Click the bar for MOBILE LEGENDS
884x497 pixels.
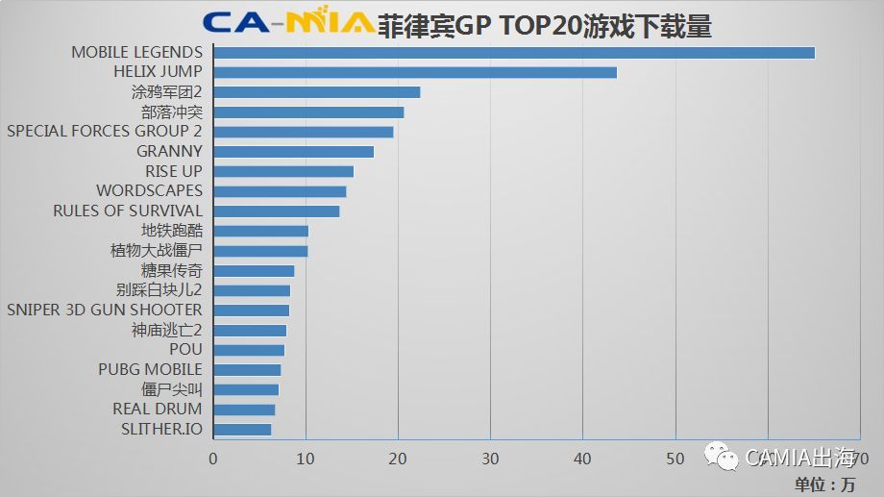click(514, 52)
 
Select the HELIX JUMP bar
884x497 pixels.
click(415, 72)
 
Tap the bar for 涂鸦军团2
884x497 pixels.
click(317, 92)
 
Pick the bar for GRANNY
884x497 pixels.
click(293, 151)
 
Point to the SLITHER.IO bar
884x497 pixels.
click(242, 429)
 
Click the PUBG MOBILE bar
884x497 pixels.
click(247, 370)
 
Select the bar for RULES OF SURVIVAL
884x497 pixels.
click(277, 211)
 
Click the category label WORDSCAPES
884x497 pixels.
click(149, 190)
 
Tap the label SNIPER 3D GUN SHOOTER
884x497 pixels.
click(105, 310)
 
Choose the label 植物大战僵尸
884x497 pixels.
click(157, 250)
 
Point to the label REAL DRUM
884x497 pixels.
click(158, 409)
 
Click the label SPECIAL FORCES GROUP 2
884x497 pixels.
click(105, 131)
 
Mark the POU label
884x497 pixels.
click(185, 350)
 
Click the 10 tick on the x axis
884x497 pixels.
click(306, 459)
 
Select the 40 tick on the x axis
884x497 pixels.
click(583, 459)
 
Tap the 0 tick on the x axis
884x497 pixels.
click(213, 459)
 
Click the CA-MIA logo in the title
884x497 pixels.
click(288, 23)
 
